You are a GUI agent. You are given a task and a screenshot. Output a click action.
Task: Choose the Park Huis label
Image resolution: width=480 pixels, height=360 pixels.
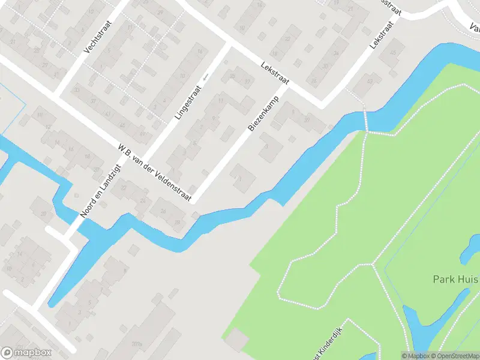[455, 280]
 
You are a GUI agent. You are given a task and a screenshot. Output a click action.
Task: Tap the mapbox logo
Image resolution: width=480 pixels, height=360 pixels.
[26, 353]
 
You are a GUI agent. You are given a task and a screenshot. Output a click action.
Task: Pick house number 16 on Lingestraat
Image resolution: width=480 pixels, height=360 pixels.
[199, 53]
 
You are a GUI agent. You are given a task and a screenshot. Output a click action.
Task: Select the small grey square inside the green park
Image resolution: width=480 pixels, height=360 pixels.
[237, 339]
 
